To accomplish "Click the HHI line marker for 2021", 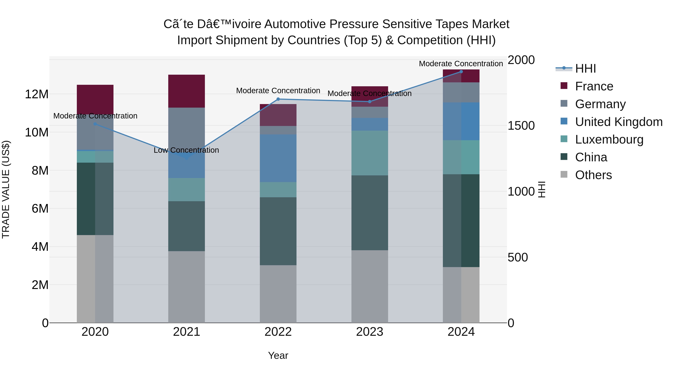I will click(x=187, y=158).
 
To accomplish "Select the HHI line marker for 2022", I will click(x=278, y=99).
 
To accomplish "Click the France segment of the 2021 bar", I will click(x=187, y=91).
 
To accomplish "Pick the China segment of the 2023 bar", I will click(x=369, y=213).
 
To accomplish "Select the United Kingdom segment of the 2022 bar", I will click(x=278, y=158).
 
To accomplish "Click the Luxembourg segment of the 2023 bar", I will click(x=369, y=153).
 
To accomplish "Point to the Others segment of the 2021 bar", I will click(x=187, y=287).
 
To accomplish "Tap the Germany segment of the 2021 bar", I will click(x=187, y=128).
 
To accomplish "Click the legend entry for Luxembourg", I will click(x=609, y=140).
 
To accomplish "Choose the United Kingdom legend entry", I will click(x=618, y=122).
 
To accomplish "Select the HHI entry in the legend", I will click(x=585, y=69).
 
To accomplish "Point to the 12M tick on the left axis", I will click(x=37, y=94).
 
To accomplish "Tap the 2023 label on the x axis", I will click(x=369, y=332).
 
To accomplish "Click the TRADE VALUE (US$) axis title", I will click(x=6, y=189).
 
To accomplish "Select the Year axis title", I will click(x=278, y=355).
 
